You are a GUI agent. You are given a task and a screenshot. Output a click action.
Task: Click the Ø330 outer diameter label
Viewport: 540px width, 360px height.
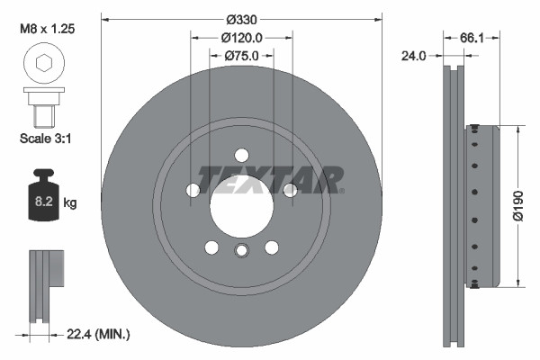point(241,19)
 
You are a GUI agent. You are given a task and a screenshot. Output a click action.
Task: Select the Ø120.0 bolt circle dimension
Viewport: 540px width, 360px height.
point(241,38)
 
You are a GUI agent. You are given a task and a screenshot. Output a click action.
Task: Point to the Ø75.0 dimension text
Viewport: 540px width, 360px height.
point(241,56)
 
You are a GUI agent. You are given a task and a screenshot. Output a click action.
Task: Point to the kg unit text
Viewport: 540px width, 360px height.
point(70,203)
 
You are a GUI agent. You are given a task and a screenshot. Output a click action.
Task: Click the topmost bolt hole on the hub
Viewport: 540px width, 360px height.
point(241,155)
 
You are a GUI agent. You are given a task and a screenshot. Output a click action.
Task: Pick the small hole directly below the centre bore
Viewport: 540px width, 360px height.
point(241,250)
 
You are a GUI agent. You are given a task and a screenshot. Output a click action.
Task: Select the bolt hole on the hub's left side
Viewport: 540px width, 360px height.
point(193,190)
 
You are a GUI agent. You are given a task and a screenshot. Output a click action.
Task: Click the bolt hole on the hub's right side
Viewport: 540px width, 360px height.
point(290,190)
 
